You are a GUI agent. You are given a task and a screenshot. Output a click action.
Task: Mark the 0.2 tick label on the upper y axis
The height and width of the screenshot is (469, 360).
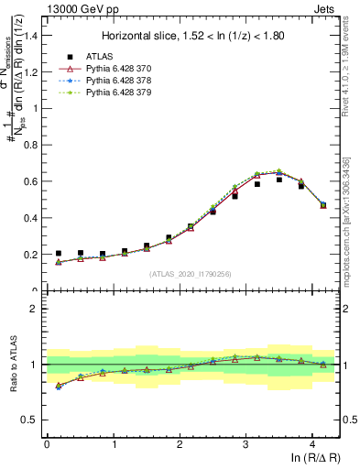pyautogui.click(x=32, y=255)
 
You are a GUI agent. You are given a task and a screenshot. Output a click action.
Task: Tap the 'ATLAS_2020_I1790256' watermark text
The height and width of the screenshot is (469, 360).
pyautogui.click(x=191, y=273)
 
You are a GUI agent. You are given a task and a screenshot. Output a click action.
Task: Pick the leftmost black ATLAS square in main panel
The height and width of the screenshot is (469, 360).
pyautogui.click(x=59, y=254)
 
